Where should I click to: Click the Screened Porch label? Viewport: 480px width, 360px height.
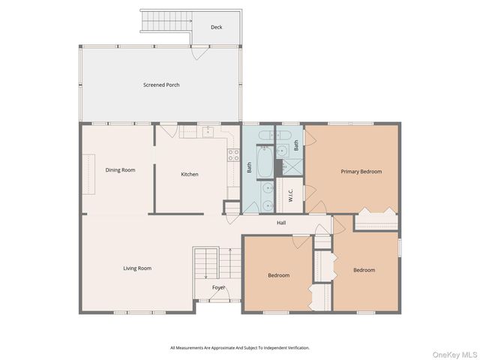pos(161,85)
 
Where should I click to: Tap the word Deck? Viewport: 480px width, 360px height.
pos(216,27)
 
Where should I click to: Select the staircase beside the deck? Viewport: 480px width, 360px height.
pos(165,22)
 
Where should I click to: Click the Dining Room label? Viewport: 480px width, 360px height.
pos(120,170)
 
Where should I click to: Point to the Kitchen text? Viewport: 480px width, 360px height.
pos(190,175)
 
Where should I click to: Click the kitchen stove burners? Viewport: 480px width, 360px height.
pos(233,155)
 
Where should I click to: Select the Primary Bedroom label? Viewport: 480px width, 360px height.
pos(361,172)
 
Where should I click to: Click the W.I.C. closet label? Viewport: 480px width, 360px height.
pos(290,194)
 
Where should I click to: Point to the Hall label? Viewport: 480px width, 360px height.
pos(281,223)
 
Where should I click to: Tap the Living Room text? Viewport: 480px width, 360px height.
pos(137,268)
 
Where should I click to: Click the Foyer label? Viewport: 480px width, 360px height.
pos(218,287)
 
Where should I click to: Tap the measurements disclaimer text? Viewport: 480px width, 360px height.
pos(239,348)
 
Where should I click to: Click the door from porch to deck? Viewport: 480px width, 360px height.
pos(199,52)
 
